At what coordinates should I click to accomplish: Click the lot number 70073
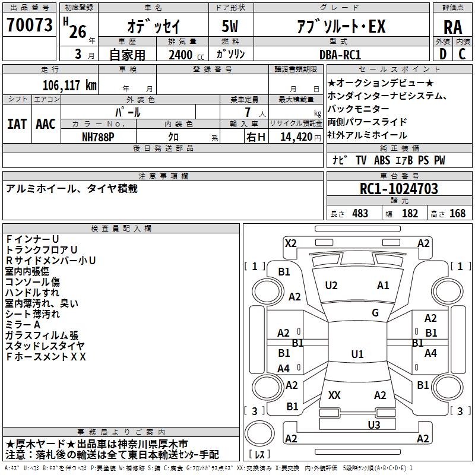29,25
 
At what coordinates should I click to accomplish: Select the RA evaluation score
453,27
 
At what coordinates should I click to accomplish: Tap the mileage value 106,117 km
69,85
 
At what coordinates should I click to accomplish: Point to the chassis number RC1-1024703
398,189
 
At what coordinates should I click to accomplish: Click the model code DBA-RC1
340,55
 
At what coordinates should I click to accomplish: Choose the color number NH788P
98,137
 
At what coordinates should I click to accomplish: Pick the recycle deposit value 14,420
296,137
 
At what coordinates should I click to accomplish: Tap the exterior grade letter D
443,54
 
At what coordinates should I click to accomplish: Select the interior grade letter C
462,54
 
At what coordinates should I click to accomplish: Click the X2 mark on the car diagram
291,243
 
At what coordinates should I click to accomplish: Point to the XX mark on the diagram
334,395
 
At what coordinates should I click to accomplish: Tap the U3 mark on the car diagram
374,425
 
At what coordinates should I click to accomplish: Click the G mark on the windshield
375,313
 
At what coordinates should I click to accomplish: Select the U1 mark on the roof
357,354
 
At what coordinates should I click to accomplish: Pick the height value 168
457,213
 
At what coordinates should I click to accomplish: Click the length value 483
360,213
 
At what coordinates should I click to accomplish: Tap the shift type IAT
17,124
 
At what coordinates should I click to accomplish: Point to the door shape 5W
230,26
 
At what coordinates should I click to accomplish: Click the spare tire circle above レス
259,433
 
